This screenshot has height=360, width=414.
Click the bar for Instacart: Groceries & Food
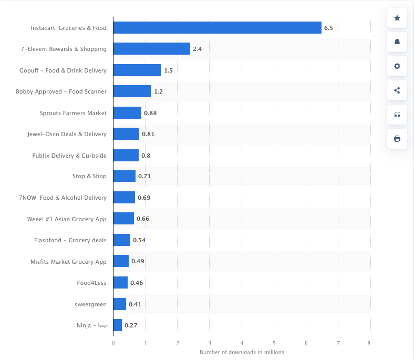point(217,28)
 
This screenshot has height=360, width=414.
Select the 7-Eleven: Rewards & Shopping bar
point(151,49)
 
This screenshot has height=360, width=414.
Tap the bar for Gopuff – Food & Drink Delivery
point(137,70)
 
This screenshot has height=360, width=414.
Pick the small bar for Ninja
point(118,325)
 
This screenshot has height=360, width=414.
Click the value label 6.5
point(328,28)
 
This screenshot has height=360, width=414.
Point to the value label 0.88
point(150,113)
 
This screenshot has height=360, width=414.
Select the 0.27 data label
point(131,325)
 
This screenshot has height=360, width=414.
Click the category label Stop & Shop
point(89,176)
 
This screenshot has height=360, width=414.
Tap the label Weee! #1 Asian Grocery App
point(67,219)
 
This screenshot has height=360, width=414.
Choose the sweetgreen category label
point(90,304)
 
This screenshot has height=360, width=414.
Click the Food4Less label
point(91,283)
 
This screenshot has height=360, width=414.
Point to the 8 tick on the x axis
point(370,343)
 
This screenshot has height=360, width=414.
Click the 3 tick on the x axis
point(210,343)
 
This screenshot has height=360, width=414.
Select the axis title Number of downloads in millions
point(242,352)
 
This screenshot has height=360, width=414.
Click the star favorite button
point(397,18)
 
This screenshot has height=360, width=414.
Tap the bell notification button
point(397,42)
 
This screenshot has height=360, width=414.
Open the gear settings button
point(397,66)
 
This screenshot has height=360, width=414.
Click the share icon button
point(397,90)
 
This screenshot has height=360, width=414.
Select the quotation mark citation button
point(397,115)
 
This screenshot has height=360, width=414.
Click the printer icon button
point(397,139)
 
